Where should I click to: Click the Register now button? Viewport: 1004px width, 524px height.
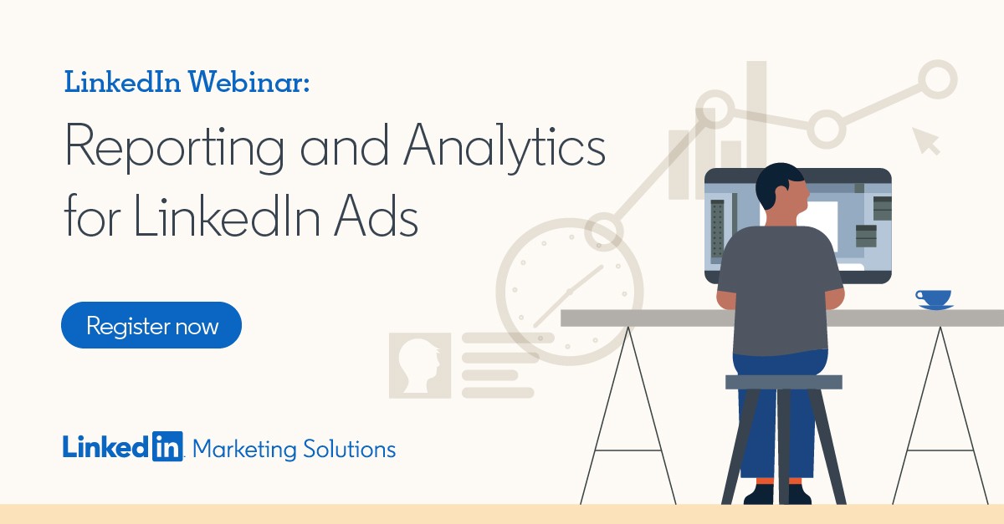coord(151,325)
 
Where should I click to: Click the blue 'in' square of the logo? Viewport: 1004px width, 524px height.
coord(166,448)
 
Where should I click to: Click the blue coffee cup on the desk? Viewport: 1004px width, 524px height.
coord(934,298)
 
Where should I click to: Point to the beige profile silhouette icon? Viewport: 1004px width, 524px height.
coord(420,365)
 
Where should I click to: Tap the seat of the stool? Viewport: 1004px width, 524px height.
coord(783,382)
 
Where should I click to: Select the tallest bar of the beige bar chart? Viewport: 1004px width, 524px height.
coord(756,117)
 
